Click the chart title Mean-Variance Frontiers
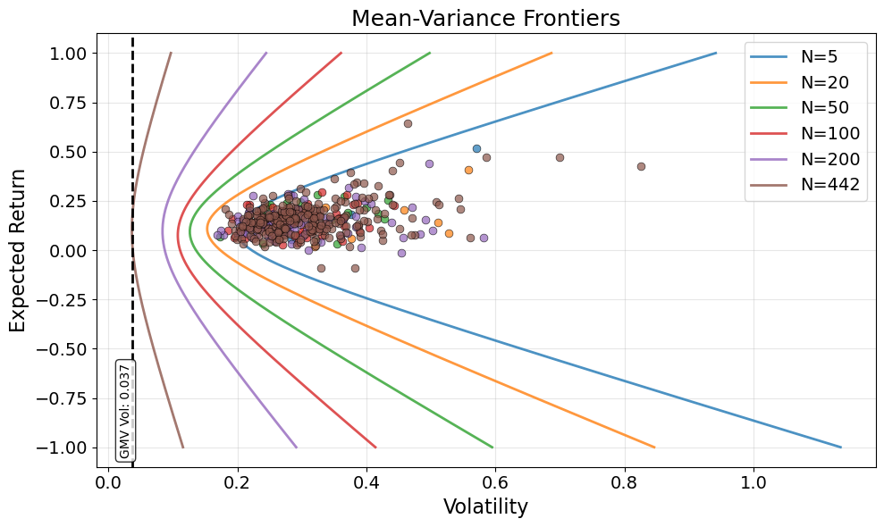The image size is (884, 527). click(x=485, y=18)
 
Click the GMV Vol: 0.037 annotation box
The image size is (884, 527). click(x=125, y=410)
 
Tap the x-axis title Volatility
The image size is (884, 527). click(x=485, y=507)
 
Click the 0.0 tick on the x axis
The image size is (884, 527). click(x=108, y=481)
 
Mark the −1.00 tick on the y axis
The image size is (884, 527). click(x=66, y=447)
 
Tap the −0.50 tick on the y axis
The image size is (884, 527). click(x=66, y=348)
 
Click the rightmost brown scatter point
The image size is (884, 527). click(x=641, y=166)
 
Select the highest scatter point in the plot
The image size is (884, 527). click(x=408, y=123)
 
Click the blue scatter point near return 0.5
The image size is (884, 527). click(x=476, y=148)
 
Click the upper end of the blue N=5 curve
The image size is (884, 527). click(x=716, y=53)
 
